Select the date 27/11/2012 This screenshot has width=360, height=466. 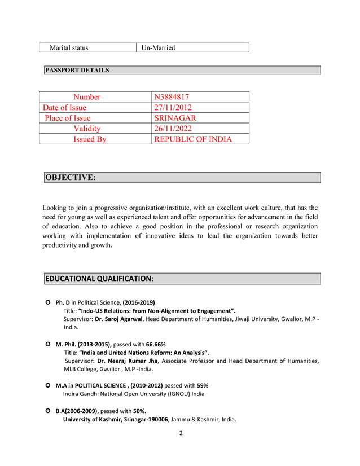pos(175,107)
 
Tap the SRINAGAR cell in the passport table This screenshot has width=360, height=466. pos(175,118)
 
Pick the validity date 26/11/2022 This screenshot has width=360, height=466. pos(175,129)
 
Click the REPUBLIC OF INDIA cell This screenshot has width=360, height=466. pos(193,139)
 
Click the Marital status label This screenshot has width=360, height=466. pos(69,47)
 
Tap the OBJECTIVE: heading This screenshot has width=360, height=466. pos(70,178)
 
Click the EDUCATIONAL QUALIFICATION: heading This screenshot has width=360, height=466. pos(99,279)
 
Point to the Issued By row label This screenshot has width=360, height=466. pos(90,139)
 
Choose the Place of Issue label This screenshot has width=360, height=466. pos(68,118)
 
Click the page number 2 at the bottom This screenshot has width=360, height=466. pos(181,433)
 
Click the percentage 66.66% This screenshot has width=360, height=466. pos(154,344)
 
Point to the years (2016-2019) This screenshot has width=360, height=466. pos(136,302)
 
